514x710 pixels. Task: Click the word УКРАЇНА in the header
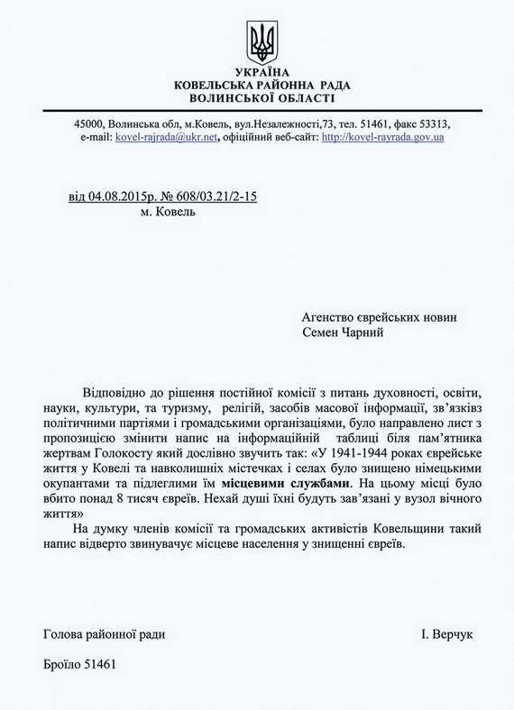(x=262, y=71)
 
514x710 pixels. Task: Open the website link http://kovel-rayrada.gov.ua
(x=382, y=137)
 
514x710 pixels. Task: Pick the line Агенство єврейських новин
(x=380, y=317)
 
